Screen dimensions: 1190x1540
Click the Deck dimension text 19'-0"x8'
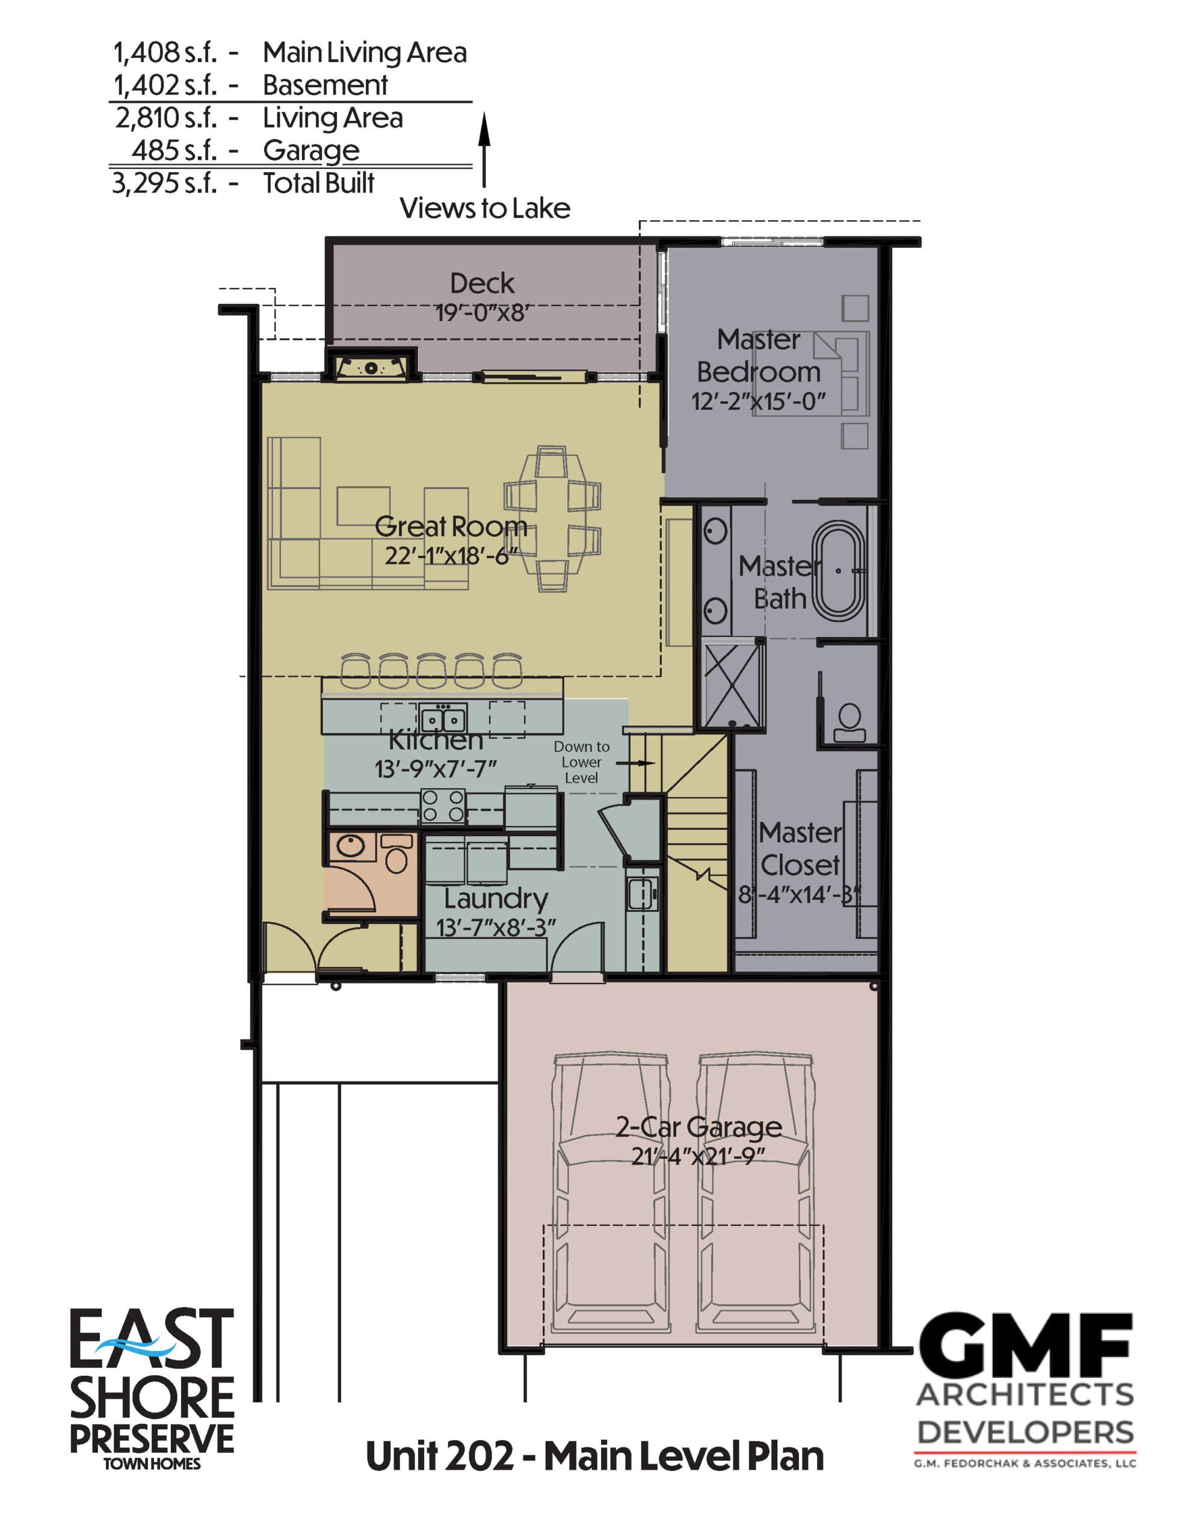(x=482, y=312)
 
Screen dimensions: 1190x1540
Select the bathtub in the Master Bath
(x=839, y=570)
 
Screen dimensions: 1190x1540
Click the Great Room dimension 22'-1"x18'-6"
(x=451, y=556)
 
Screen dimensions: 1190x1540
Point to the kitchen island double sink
(x=443, y=718)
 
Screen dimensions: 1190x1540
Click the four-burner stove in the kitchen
(x=443, y=805)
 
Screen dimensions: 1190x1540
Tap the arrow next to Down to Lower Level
(x=635, y=763)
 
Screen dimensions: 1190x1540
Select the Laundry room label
(x=496, y=899)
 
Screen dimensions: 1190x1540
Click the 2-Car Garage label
(x=698, y=1127)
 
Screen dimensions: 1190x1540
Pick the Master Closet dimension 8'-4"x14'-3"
(x=799, y=895)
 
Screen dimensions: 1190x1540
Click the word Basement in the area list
(x=325, y=85)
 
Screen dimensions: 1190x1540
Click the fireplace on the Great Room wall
(x=371, y=368)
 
